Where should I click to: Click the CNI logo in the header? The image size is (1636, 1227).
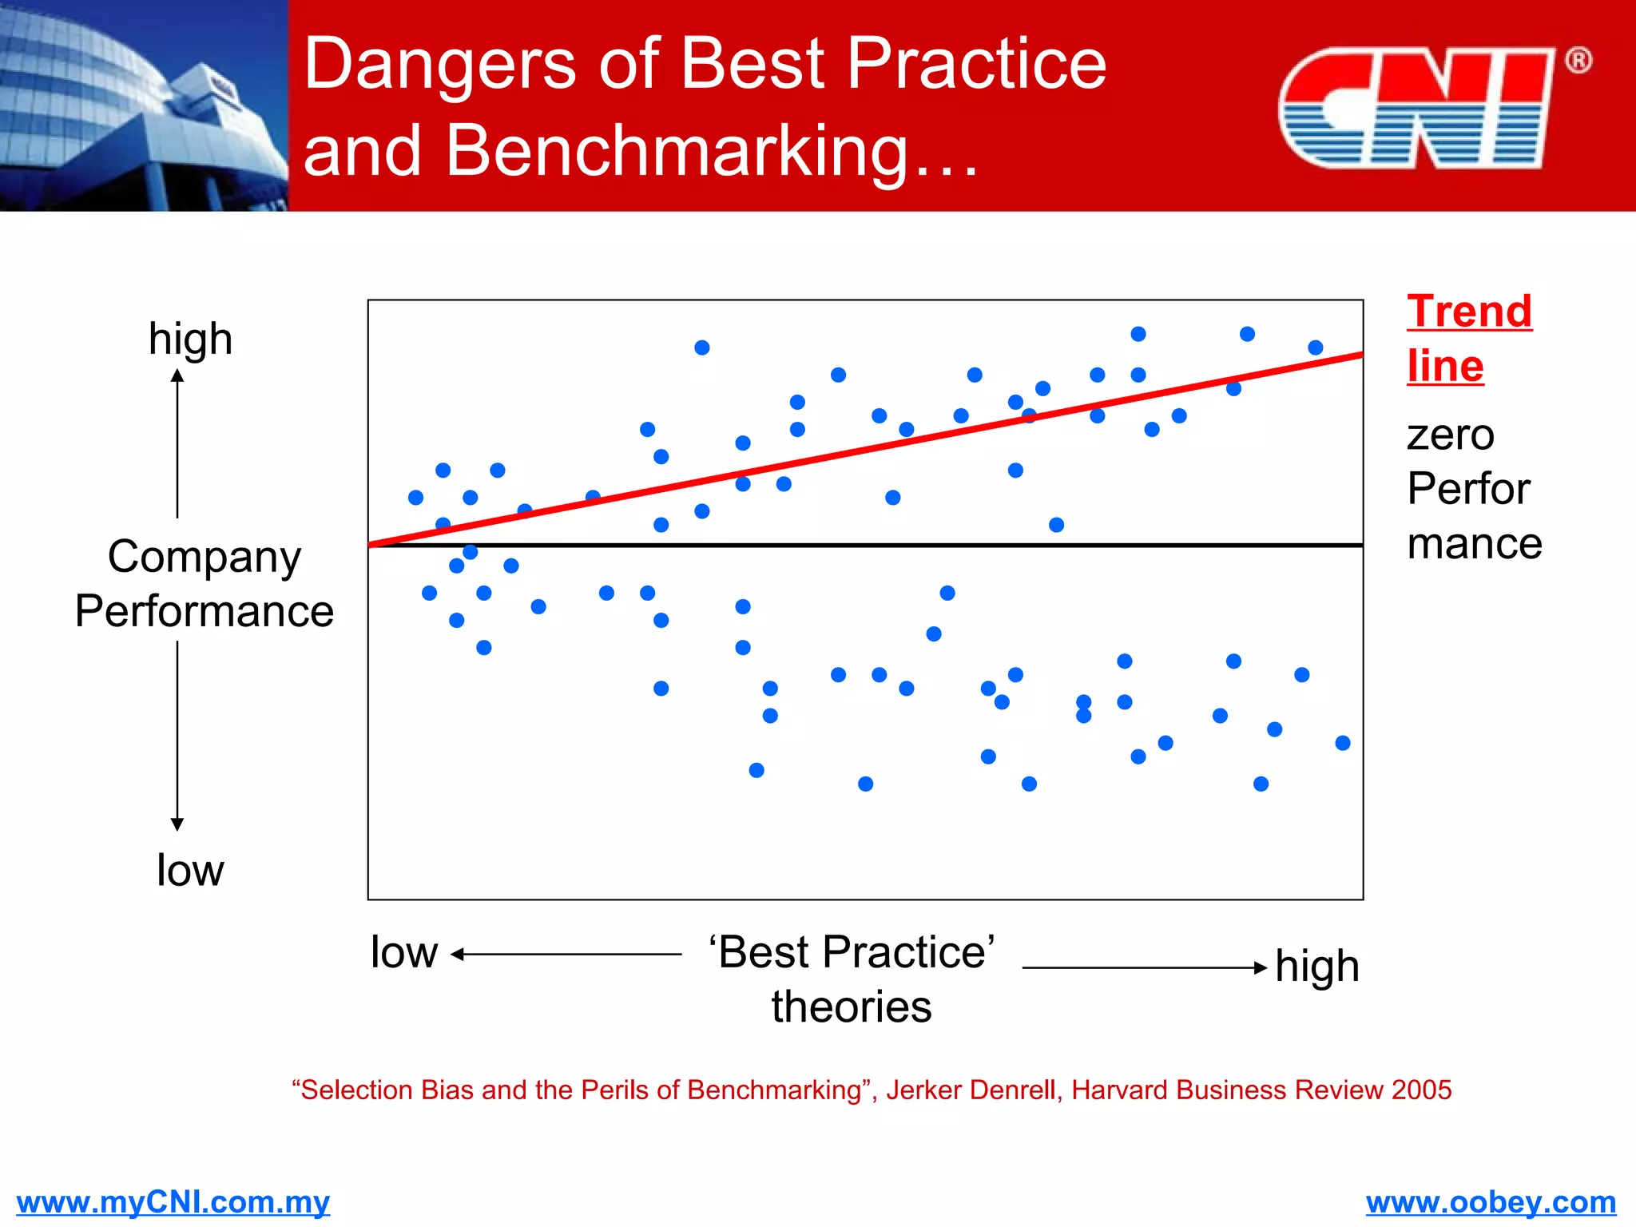tap(1416, 108)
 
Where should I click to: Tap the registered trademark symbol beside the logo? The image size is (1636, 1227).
tap(1578, 61)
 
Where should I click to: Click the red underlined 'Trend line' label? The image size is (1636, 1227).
tap(1468, 338)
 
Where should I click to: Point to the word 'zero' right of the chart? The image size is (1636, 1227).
tap(1450, 435)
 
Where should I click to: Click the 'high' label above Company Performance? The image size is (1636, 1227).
tap(190, 339)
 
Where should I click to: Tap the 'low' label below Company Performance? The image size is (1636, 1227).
tap(190, 869)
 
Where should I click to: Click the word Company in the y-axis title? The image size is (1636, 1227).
tap(204, 556)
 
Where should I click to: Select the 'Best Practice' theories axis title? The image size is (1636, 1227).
tap(852, 978)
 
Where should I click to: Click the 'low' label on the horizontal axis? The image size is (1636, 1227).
tap(404, 952)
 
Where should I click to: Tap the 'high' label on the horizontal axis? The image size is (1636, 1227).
tap(1316, 967)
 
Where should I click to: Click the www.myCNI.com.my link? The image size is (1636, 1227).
tap(173, 1201)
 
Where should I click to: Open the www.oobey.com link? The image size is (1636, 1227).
tap(1491, 1201)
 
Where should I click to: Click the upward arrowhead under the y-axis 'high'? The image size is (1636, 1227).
tap(177, 375)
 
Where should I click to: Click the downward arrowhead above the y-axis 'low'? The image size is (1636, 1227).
tap(177, 824)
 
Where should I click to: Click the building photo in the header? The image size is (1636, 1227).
tap(144, 105)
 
